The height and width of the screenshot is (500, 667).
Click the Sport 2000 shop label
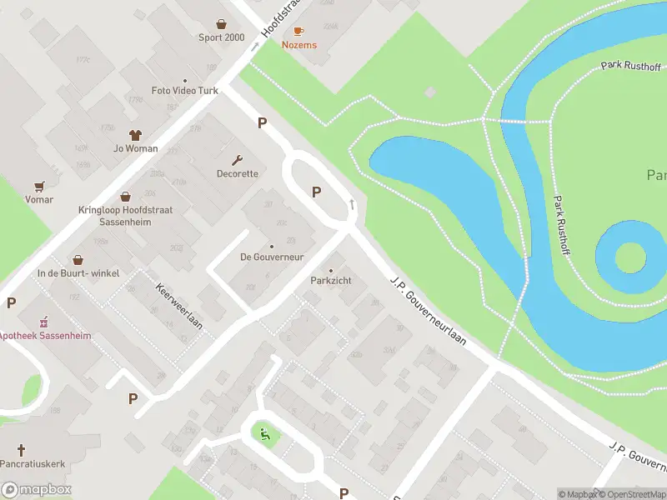(221, 37)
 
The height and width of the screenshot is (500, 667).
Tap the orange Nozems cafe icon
(298, 31)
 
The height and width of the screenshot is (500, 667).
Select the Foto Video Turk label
(184, 90)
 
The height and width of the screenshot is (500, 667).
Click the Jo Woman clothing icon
(135, 134)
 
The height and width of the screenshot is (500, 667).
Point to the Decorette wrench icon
(238, 160)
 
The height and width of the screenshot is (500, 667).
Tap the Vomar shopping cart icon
(39, 186)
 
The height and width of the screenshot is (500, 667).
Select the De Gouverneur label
(271, 256)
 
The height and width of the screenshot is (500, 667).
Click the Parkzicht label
(331, 281)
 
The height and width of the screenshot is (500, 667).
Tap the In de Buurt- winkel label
(78, 273)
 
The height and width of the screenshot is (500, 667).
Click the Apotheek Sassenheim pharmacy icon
(43, 322)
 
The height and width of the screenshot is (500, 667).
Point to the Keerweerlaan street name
(179, 304)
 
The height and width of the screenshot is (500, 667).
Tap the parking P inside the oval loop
(317, 192)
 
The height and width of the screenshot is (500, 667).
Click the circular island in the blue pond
(621, 256)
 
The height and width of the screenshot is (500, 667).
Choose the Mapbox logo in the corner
(37, 490)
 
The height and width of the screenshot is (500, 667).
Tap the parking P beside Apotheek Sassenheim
(12, 303)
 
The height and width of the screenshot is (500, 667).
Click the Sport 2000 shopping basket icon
(221, 24)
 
